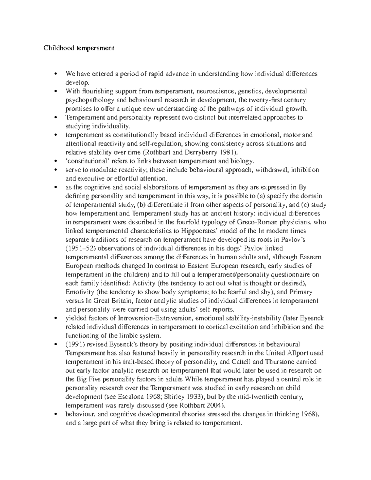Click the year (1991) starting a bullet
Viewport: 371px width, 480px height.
coord(75,344)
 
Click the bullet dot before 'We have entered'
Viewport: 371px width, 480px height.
coord(56,74)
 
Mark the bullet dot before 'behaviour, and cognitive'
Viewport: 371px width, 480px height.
coord(56,414)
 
